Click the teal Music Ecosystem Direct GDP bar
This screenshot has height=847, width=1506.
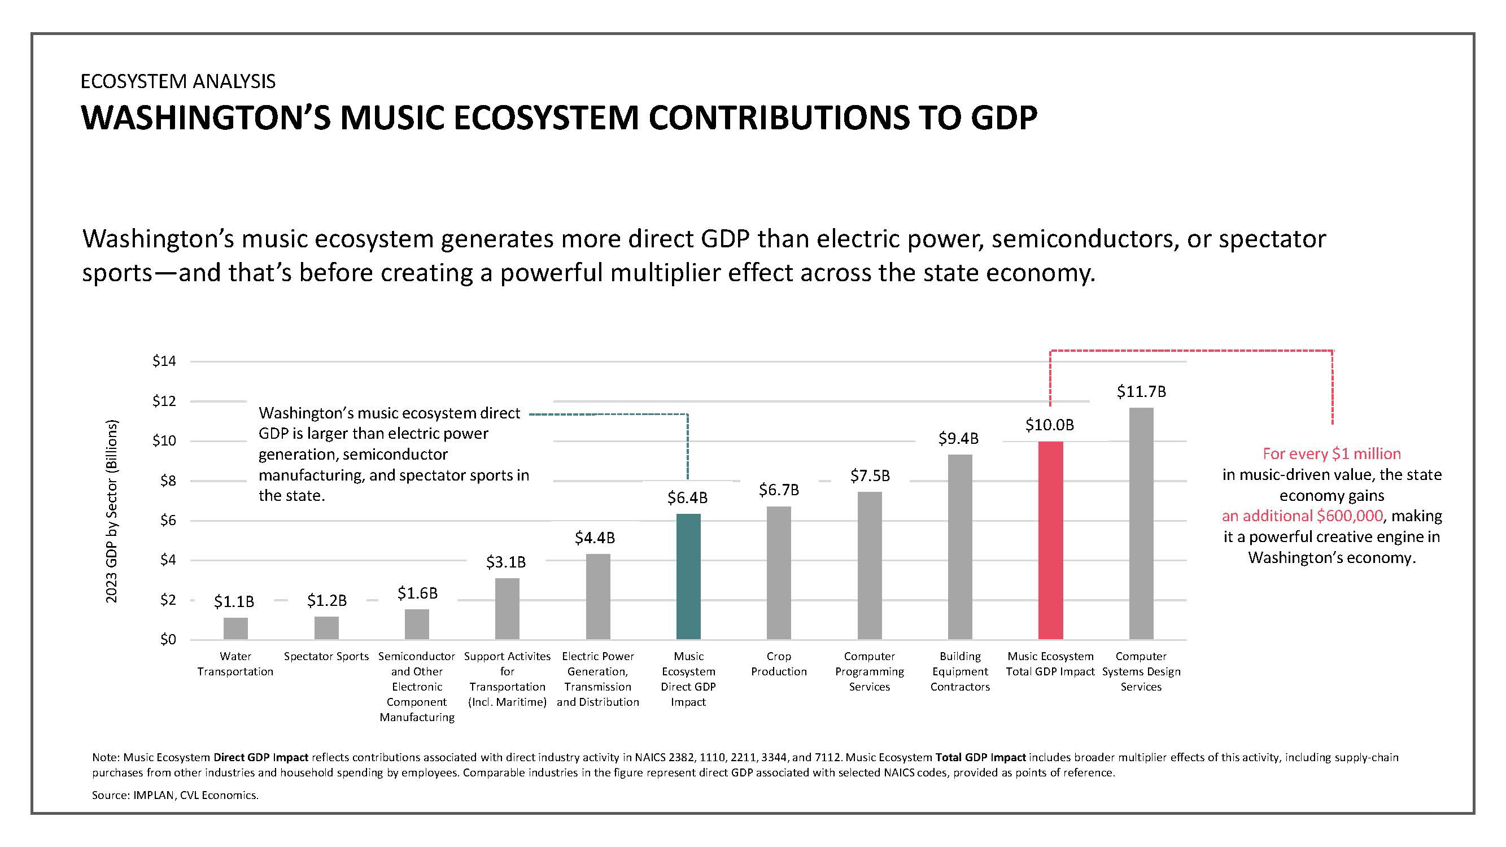coord(688,577)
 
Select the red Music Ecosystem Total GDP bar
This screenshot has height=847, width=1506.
coord(1050,540)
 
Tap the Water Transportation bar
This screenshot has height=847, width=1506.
coord(235,628)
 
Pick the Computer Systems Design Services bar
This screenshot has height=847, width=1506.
coord(1141,523)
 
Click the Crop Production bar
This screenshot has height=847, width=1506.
coord(779,573)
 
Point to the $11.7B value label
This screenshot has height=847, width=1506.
coord(1141,392)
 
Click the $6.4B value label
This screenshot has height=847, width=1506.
coord(688,497)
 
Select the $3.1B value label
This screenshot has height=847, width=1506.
coord(507,562)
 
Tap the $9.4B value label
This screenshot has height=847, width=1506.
coord(959,438)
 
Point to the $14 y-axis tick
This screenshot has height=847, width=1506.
coord(164,361)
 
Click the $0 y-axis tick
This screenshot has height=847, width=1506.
coord(168,640)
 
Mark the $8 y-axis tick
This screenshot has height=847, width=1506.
coord(168,481)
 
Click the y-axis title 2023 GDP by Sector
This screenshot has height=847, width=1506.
coord(112,512)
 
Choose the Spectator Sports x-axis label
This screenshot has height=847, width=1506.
coord(326,657)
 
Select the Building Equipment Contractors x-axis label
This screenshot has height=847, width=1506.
coord(960,671)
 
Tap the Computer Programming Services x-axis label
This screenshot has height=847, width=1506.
coord(870,671)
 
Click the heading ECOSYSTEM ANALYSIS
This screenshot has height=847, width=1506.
coord(178,81)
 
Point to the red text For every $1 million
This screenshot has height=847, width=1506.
coord(1332,454)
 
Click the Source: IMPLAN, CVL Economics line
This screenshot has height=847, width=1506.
coord(176,796)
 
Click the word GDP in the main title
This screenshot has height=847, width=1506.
coord(1004,117)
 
